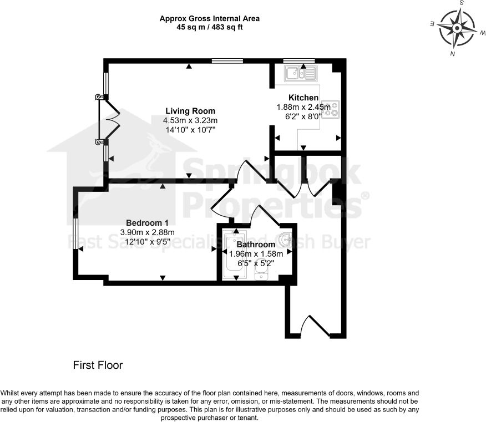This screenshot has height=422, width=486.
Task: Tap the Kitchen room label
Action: [x=303, y=98]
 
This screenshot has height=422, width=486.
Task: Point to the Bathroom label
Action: [x=256, y=245]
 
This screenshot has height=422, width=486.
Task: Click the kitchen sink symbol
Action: [x=300, y=73]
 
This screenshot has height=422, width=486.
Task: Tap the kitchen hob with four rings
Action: [x=332, y=109]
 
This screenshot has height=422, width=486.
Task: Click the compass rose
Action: [x=457, y=28]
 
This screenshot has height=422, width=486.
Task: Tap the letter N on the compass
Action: [x=453, y=54]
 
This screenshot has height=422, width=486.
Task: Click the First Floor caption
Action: [x=98, y=365]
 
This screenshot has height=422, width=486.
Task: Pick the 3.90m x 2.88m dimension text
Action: [x=148, y=232]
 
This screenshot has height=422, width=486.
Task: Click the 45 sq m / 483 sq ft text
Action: [x=210, y=26]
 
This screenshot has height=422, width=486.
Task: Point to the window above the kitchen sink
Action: [x=299, y=60]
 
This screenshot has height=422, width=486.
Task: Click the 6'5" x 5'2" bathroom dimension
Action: [x=256, y=263]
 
